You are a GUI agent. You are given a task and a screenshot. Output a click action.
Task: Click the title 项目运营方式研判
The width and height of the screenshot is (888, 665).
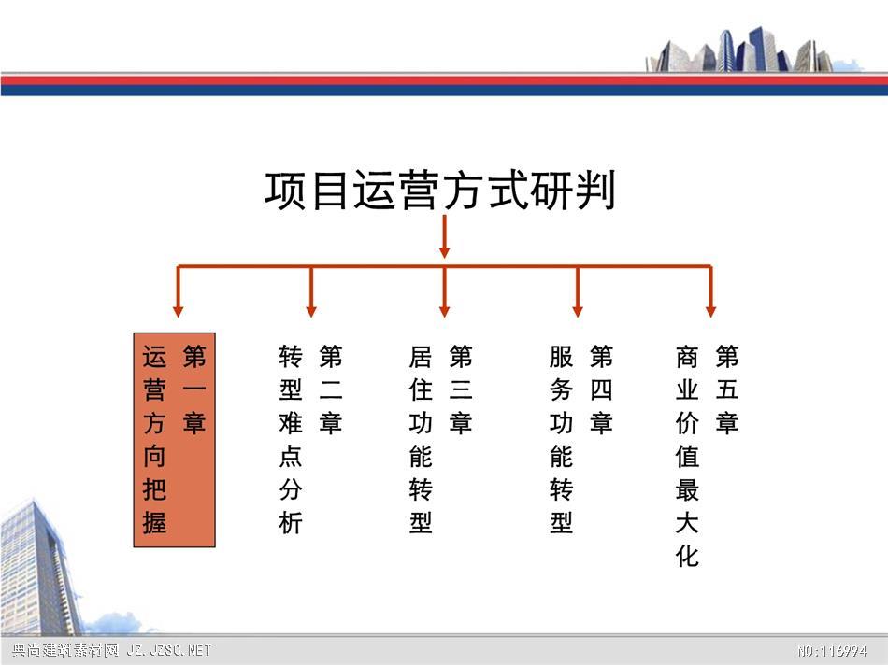tap(440, 191)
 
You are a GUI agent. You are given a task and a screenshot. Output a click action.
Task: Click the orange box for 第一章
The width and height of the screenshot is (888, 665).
tap(175, 440)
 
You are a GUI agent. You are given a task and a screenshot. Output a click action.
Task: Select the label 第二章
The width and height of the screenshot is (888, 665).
tap(331, 389)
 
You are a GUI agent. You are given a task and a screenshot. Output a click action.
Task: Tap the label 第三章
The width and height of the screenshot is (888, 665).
tap(461, 389)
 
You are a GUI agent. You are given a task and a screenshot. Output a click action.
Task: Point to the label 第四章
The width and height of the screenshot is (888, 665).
tap(601, 389)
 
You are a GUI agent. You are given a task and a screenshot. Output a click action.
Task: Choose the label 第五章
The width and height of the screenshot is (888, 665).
tap(727, 389)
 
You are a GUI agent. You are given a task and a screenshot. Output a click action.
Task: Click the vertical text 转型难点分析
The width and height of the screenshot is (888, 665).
tap(291, 440)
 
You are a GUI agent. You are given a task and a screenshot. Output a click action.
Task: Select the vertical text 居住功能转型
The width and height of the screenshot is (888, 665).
tap(421, 440)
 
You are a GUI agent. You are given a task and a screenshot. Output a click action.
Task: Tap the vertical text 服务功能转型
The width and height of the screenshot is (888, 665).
tap(561, 440)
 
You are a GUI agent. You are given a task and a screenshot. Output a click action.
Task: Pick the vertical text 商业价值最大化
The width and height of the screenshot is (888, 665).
tap(687, 456)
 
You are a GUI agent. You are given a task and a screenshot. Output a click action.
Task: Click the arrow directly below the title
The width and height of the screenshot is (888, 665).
tap(445, 236)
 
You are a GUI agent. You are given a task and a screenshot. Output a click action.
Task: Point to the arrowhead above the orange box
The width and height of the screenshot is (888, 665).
tap(178, 312)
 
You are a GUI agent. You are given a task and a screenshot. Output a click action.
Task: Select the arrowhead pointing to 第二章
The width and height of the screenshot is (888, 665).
tap(311, 312)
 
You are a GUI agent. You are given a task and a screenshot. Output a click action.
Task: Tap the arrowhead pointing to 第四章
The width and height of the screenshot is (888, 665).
tap(578, 312)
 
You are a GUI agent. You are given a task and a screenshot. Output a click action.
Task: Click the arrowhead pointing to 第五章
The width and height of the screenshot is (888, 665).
tap(710, 312)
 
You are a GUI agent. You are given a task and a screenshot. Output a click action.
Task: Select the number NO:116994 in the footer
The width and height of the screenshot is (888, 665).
tap(832, 651)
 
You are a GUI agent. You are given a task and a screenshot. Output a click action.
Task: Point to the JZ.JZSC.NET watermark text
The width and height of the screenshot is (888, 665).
tap(169, 650)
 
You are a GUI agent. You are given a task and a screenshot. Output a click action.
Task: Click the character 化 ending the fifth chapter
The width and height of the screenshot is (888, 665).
tap(687, 557)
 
